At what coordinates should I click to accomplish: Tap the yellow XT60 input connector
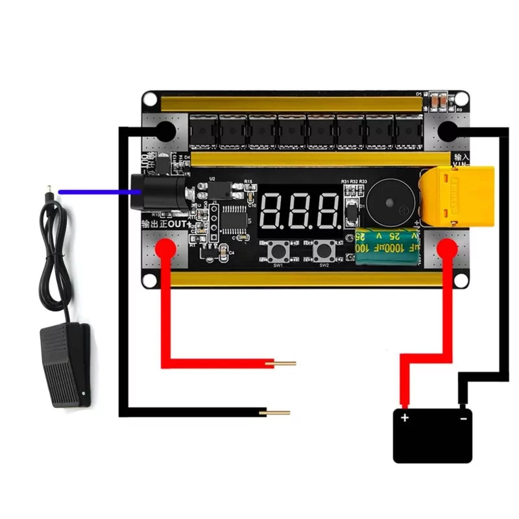457,195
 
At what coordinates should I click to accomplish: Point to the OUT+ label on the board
165,224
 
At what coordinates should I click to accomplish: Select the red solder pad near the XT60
446,247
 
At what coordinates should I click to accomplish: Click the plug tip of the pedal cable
47,191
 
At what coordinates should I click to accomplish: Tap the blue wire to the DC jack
97,191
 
